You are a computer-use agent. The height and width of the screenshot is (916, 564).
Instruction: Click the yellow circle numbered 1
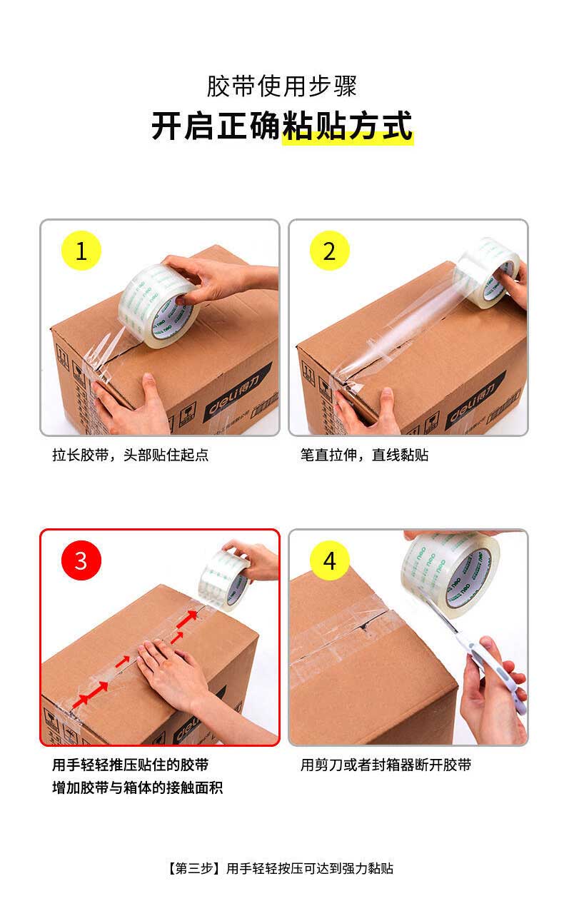coord(81,251)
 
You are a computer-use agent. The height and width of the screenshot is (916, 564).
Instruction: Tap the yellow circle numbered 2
coord(329,251)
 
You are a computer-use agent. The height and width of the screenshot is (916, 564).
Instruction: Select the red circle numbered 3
coord(81,560)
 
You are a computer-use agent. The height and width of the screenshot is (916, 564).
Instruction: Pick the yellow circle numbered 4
coord(329,560)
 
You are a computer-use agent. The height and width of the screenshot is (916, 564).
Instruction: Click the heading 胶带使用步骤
coord(282,86)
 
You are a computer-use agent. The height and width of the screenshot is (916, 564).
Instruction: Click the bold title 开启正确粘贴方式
coord(282,126)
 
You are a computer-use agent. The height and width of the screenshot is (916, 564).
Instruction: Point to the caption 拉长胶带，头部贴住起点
coord(130,455)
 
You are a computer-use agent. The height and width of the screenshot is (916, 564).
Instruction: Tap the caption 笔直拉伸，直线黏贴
coord(364,455)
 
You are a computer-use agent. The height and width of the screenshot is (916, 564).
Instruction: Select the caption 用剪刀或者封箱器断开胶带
coord(386,765)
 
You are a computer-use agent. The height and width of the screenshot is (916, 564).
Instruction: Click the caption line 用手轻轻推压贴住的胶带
coord(130,765)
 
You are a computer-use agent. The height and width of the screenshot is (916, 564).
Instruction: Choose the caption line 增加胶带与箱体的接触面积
coord(137,787)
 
